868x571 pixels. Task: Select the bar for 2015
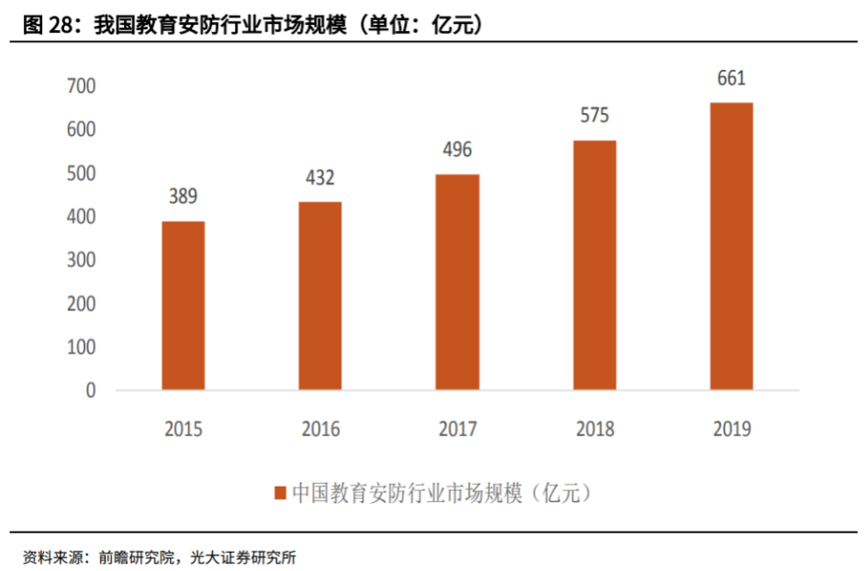tap(184, 306)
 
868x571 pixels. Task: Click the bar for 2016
tap(320, 296)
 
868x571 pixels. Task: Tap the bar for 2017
tap(457, 282)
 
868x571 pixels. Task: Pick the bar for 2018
tap(595, 265)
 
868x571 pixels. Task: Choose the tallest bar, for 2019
tap(731, 246)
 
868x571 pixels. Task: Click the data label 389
tap(183, 196)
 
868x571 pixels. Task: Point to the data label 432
tap(320, 177)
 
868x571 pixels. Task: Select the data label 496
tap(457, 150)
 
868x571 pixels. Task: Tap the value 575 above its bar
tap(595, 116)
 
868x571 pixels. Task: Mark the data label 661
tap(731, 78)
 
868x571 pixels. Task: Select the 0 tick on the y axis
tap(90, 391)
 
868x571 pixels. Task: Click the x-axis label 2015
tap(184, 429)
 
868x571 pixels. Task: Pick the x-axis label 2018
tap(595, 429)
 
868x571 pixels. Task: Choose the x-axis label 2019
tap(731, 429)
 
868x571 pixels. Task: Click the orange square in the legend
tap(280, 493)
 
